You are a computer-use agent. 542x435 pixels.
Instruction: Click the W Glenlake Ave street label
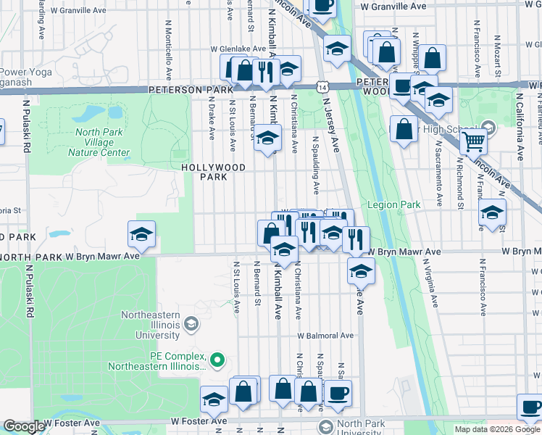pyautogui.click(x=240, y=49)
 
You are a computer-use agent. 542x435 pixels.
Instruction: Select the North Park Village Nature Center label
pyautogui.click(x=99, y=142)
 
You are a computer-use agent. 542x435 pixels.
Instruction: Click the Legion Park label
pyautogui.click(x=393, y=205)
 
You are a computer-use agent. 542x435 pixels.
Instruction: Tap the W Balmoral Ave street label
pyautogui.click(x=325, y=336)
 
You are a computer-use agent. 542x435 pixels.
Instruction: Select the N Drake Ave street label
pyautogui.click(x=212, y=120)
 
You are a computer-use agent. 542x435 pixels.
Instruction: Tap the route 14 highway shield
pyautogui.click(x=321, y=86)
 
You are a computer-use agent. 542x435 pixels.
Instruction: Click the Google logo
pyautogui.click(x=24, y=426)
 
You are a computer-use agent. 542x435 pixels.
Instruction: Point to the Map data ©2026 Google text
pyautogui.click(x=497, y=429)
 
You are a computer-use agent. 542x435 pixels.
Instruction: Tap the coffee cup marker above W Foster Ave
pyautogui.click(x=338, y=392)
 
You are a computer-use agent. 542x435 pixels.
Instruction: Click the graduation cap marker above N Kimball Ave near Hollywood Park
pyautogui.click(x=267, y=136)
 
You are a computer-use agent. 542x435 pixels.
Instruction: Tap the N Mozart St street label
pyautogui.click(x=498, y=57)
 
